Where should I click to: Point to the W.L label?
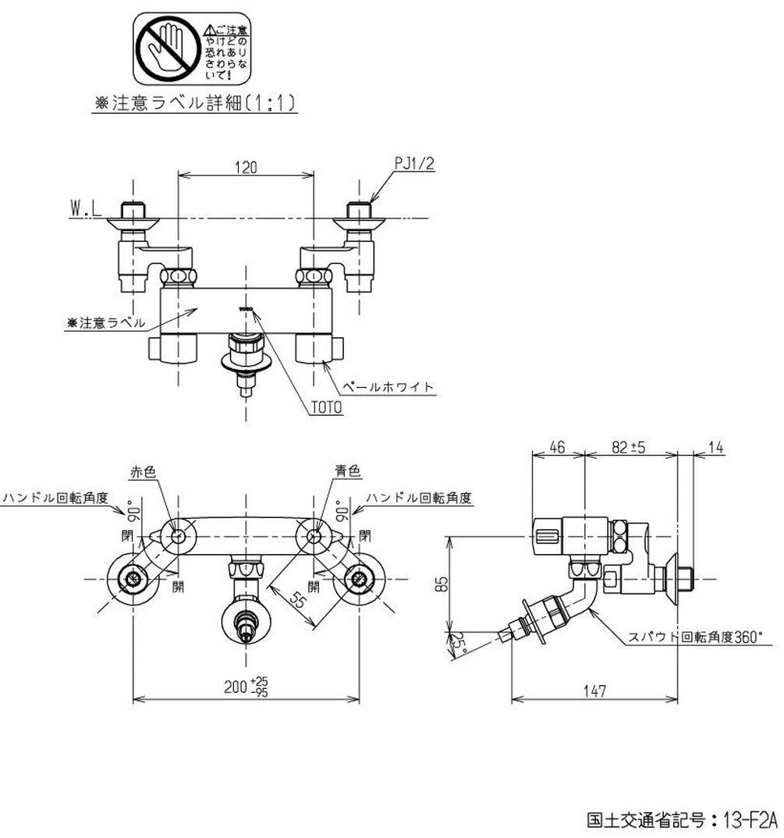tap(87, 208)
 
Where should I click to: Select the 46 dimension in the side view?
tap(557, 448)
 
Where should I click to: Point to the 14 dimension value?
tap(717, 448)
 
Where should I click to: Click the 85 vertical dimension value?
tap(442, 582)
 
